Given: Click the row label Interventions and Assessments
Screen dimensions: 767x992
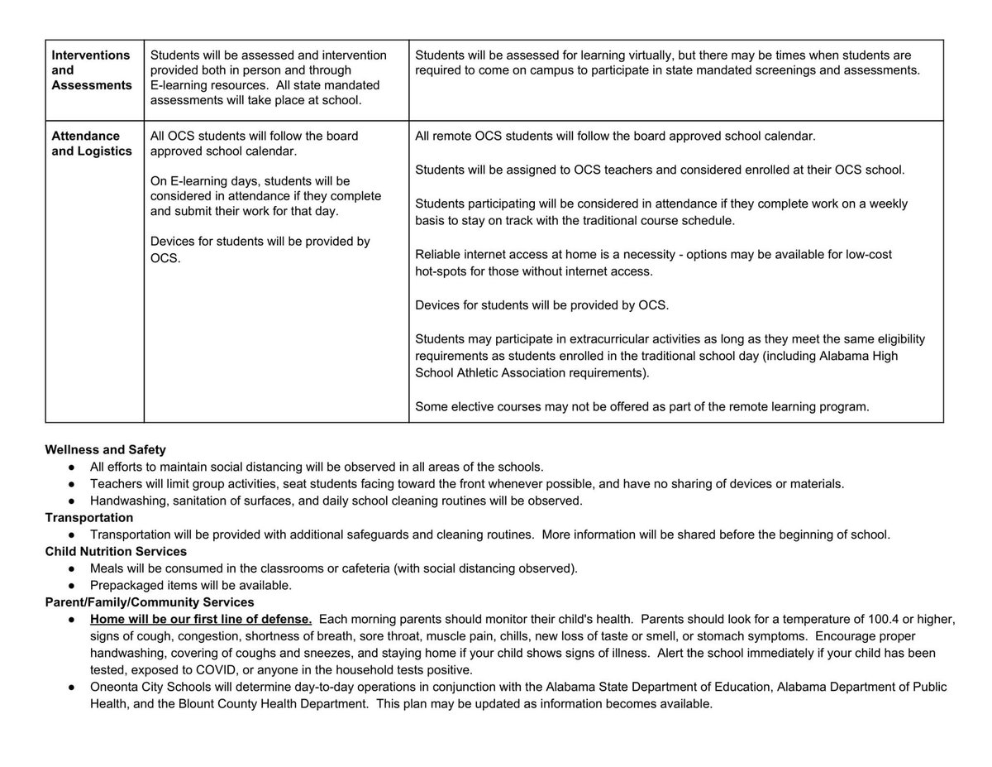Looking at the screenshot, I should click(x=91, y=70).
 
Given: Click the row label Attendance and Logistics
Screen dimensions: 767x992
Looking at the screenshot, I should click(x=91, y=143).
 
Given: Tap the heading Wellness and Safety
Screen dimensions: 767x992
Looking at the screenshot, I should click(x=105, y=450).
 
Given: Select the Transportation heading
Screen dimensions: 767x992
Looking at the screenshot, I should click(x=88, y=518).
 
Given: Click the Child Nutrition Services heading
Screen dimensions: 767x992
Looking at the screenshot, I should click(x=116, y=551).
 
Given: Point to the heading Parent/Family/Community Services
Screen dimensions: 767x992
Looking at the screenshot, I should click(x=150, y=602).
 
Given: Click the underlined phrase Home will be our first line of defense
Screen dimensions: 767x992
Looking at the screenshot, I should click(x=201, y=619).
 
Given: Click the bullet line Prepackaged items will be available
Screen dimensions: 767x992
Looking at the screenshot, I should click(x=191, y=585).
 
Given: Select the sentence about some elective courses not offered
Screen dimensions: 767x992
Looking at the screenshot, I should click(x=641, y=406).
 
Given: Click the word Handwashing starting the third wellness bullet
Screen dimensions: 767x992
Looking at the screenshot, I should click(x=127, y=501).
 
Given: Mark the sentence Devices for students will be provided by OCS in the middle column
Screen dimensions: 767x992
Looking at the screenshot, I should click(x=260, y=250).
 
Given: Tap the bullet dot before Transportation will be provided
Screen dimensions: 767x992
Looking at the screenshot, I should click(x=73, y=535).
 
